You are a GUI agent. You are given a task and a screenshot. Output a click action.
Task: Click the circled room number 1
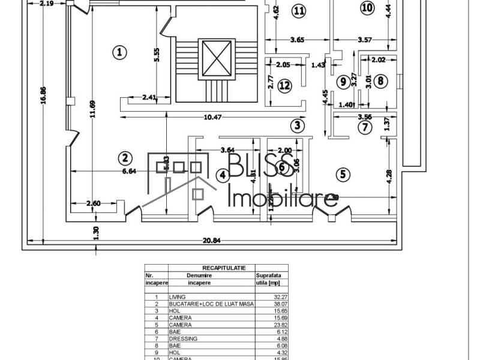coord(120,52)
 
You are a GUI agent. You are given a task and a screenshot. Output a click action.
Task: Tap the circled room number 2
coord(125,158)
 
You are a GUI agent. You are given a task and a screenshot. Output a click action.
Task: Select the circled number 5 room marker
coord(343,175)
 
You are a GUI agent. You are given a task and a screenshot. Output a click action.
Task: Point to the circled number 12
coord(284,85)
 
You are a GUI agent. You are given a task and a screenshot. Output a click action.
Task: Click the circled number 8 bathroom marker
coord(382,81)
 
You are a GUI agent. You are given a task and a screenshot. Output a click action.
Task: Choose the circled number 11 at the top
coord(299,10)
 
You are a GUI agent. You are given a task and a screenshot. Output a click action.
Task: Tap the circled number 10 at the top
coord(367,7)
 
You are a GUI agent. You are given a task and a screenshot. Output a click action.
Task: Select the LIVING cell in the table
coord(178,296)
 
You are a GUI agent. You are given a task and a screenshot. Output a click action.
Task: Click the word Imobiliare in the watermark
coord(284,199)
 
